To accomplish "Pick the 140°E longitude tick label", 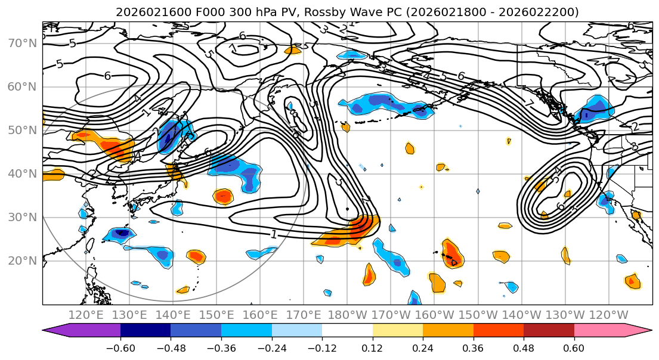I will [x=174, y=315].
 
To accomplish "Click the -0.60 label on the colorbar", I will [x=120, y=347].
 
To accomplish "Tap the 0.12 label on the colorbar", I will [x=373, y=347].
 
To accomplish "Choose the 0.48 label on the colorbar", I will [x=524, y=347].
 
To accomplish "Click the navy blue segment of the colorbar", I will [x=145, y=331].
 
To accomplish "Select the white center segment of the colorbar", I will [x=347, y=331].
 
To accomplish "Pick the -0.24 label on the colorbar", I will [x=271, y=347].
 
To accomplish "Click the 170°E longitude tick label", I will [x=305, y=315].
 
